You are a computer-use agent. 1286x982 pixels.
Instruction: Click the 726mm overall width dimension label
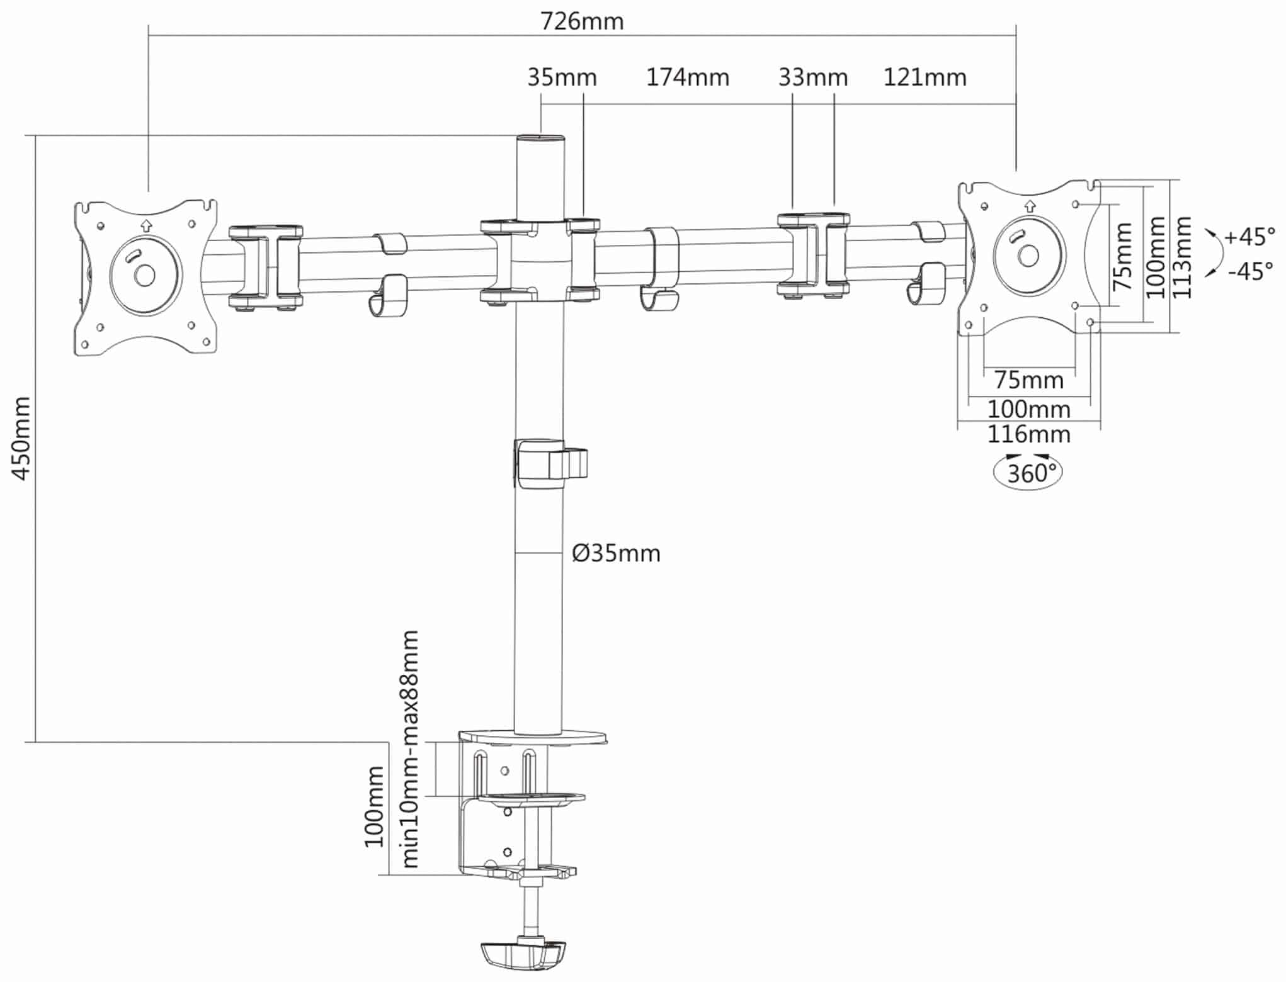582,21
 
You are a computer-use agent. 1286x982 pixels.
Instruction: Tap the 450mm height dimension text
21,439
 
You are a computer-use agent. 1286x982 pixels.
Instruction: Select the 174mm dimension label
688,77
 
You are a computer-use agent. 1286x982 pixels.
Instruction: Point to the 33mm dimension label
813,77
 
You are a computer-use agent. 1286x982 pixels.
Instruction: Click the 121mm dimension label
925,77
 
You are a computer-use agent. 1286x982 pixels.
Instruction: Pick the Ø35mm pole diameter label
616,553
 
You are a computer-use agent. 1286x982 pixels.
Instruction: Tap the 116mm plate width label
1029,434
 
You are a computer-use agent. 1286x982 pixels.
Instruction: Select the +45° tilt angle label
1249,237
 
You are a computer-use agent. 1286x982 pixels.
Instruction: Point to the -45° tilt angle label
1251,272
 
